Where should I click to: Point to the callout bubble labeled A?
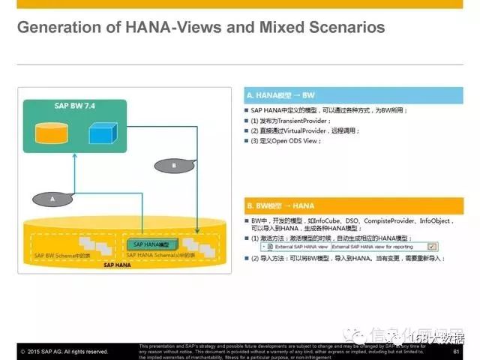click(x=52, y=199)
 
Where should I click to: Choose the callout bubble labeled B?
click(x=174, y=164)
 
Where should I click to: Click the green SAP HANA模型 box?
click(x=151, y=244)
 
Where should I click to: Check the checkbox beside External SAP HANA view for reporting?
click(x=432, y=246)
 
